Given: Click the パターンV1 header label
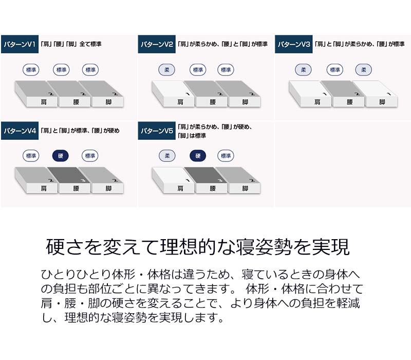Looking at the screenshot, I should coord(19,45).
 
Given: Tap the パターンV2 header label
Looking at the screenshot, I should coord(157,45).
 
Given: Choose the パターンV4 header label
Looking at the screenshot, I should coord(19,131).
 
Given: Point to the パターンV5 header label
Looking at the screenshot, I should coord(157,131).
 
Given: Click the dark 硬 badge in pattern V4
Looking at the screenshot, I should coord(60,156).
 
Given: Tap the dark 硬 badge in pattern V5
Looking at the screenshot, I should coord(198,156).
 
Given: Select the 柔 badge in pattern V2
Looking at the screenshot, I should coord(166,70).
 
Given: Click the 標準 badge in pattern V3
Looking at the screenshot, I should coord(334,70).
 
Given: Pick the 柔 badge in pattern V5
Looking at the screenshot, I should coord(166,156).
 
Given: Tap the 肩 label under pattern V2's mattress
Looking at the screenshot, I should coord(180,102).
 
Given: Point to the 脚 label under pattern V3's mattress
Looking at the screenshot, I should coord(382,102).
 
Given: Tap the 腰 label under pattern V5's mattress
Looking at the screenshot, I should coord(213,188).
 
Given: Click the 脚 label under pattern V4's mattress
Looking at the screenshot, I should coord(108,188).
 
